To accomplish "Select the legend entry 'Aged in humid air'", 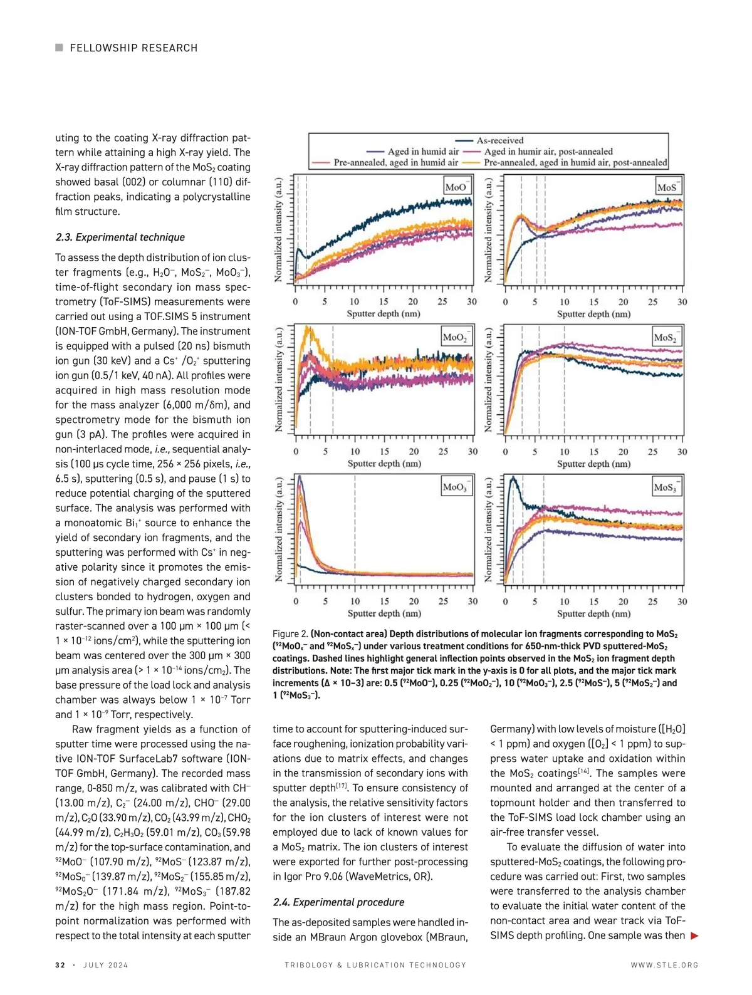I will [x=414, y=152].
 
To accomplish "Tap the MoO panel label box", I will [x=456, y=187].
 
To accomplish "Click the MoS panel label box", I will [x=667, y=187].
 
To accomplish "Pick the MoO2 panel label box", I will [x=456, y=337].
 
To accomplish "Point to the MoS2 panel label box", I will [x=666, y=337].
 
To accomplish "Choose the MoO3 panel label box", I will [x=456, y=487].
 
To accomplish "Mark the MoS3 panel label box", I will [x=666, y=487].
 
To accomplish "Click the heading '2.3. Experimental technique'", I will [x=120, y=237].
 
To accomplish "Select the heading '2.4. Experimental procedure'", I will [x=338, y=902].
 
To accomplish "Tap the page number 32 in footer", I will [x=60, y=965].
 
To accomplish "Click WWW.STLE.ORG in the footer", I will [x=664, y=965].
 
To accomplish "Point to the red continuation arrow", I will [x=694, y=936].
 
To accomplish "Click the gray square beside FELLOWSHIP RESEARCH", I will [x=59, y=48].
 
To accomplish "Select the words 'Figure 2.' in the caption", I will [x=290, y=634].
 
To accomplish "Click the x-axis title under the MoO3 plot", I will [x=384, y=613].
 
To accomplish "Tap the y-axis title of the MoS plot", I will [x=489, y=229].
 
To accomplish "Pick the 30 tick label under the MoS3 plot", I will [x=682, y=602].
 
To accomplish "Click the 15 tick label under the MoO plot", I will [x=384, y=301].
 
